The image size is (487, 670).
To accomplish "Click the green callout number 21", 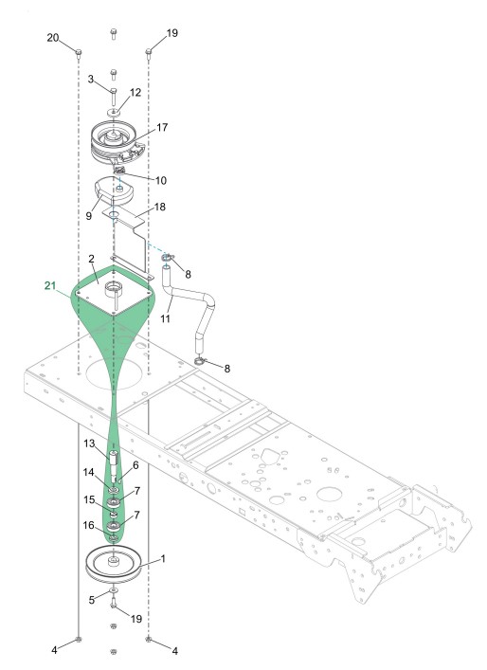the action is [50, 285].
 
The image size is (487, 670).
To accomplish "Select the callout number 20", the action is [52, 38].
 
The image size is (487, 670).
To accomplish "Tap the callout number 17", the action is [162, 127].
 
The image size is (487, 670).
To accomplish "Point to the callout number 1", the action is [162, 559].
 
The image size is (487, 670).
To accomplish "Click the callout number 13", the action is [89, 444].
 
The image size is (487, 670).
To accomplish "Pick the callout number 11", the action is [165, 318].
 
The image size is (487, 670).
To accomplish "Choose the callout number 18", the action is [160, 207].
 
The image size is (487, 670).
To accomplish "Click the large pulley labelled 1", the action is [113, 565].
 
